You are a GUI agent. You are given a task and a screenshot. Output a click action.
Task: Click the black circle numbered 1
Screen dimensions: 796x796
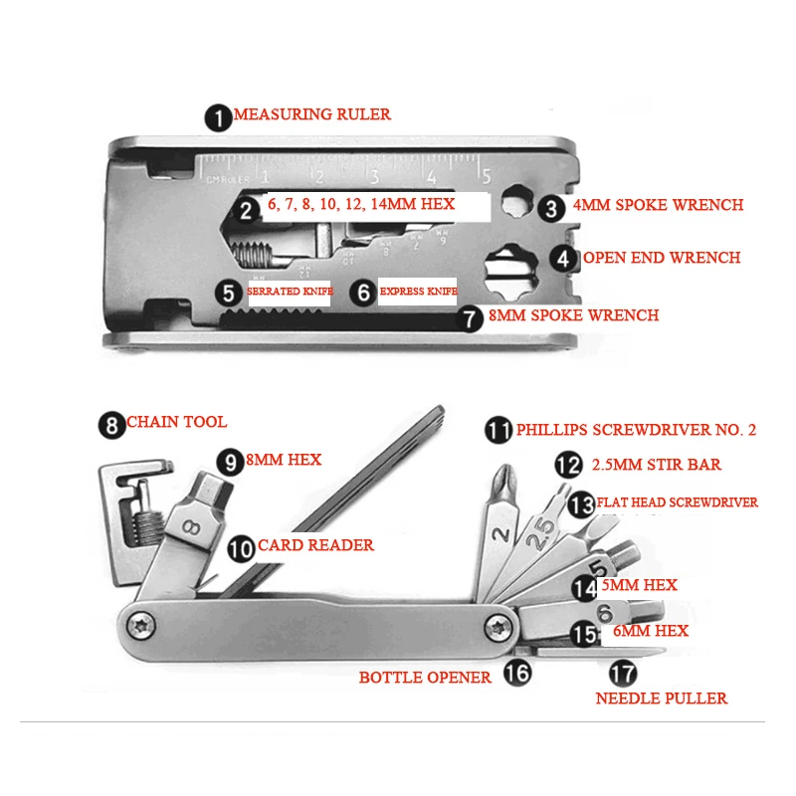tap(218, 115)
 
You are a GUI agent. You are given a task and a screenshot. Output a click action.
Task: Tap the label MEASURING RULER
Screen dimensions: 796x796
tap(312, 114)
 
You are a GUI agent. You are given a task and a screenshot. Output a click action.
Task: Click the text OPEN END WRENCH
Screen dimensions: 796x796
tap(661, 258)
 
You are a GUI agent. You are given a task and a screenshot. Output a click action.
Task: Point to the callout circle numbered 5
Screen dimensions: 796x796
tap(230, 293)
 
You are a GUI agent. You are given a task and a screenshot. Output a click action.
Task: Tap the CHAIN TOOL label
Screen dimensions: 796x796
tap(176, 422)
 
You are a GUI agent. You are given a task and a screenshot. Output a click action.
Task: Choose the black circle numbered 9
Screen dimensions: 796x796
tap(231, 462)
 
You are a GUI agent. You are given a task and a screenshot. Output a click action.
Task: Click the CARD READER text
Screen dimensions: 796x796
tap(315, 545)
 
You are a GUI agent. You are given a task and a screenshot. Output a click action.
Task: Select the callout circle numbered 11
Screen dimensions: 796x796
tap(497, 430)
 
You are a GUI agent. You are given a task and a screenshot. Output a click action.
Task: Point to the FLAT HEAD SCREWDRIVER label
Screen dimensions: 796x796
tap(679, 502)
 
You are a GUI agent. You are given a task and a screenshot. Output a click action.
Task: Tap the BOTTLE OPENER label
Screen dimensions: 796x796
tap(425, 677)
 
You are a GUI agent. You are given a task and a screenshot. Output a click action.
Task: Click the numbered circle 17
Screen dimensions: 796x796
tap(623, 674)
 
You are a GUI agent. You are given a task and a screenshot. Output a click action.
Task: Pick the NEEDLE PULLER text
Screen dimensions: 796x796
tap(661, 697)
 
